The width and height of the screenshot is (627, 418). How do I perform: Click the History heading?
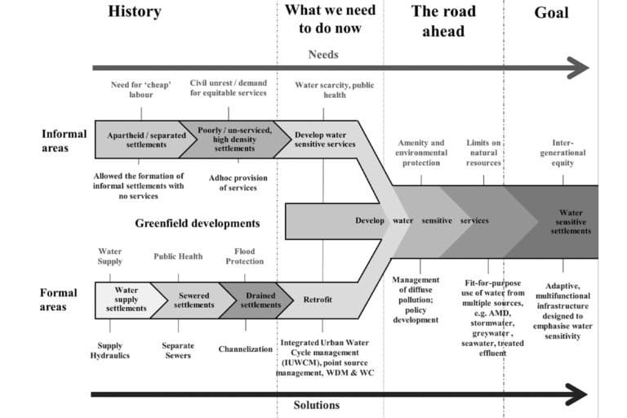click(134, 12)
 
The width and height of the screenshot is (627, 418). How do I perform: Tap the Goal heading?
click(551, 12)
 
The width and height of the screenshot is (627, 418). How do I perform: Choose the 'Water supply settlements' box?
click(126, 299)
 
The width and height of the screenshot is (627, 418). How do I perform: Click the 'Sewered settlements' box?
click(193, 300)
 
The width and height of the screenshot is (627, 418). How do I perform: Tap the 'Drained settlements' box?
click(260, 300)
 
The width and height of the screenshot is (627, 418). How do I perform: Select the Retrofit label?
click(318, 300)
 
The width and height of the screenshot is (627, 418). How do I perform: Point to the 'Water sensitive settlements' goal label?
click(571, 221)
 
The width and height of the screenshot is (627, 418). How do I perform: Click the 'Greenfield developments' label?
click(198, 222)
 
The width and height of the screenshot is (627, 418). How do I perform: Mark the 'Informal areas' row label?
click(60, 140)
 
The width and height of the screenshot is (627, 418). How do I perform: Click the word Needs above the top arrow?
click(323, 55)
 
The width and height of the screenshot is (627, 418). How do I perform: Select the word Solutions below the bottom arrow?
click(316, 405)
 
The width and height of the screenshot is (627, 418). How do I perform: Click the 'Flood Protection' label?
click(245, 256)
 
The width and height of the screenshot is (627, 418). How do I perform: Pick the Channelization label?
click(245, 349)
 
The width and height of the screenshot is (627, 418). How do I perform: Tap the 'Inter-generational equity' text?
click(563, 152)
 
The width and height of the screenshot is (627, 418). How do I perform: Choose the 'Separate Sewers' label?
click(177, 350)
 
